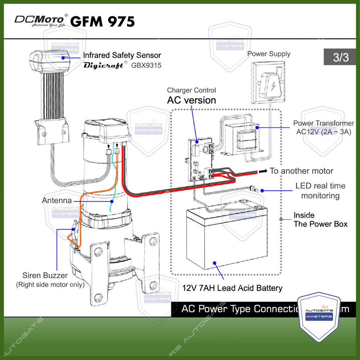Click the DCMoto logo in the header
tap(39, 20)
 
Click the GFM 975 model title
tap(102, 21)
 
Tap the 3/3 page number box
tap(340, 57)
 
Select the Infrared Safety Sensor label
tap(122, 55)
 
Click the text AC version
tap(191, 100)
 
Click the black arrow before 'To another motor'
tap(263, 171)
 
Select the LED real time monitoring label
tap(320, 191)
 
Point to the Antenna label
tap(57, 200)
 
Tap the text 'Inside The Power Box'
tap(320, 219)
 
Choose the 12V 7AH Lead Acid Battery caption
tap(232, 288)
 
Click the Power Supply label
tap(269, 54)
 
